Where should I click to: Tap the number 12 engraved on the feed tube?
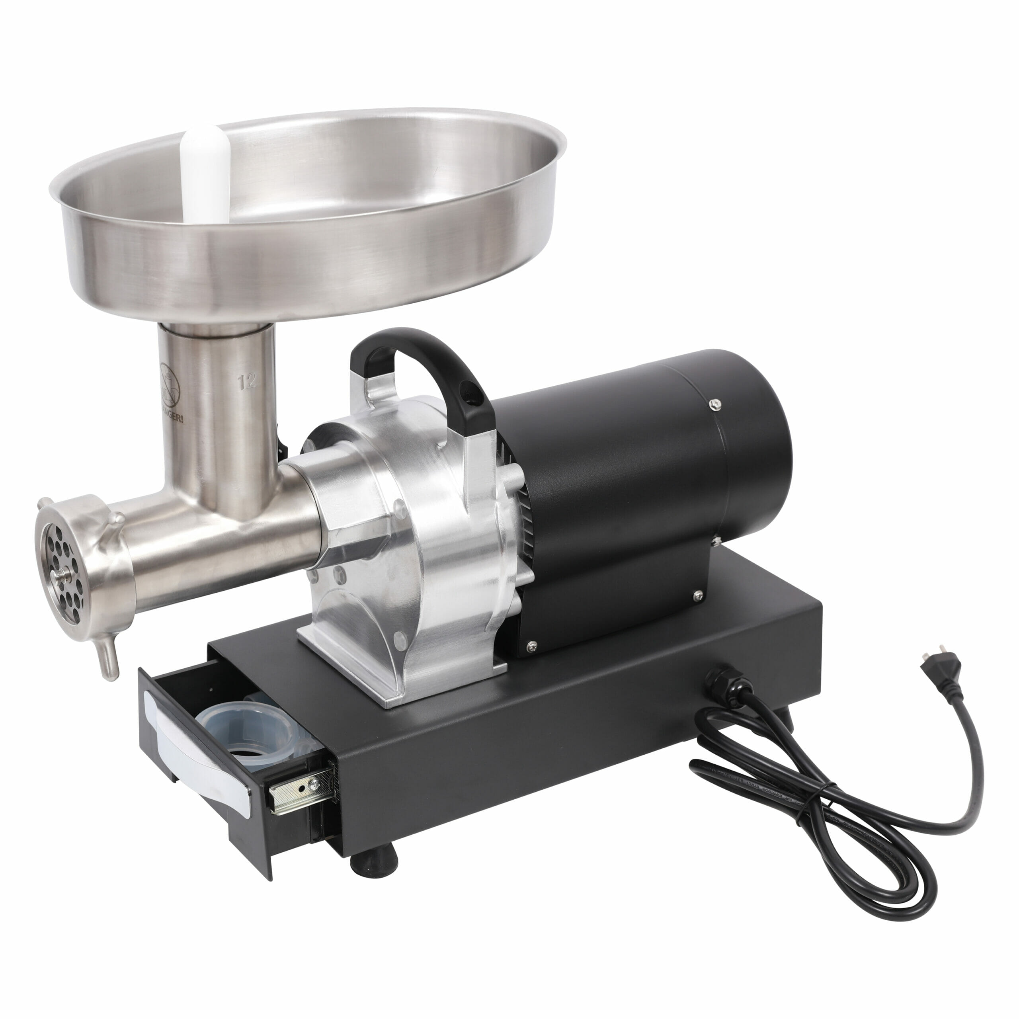247,381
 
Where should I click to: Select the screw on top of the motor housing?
715,404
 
